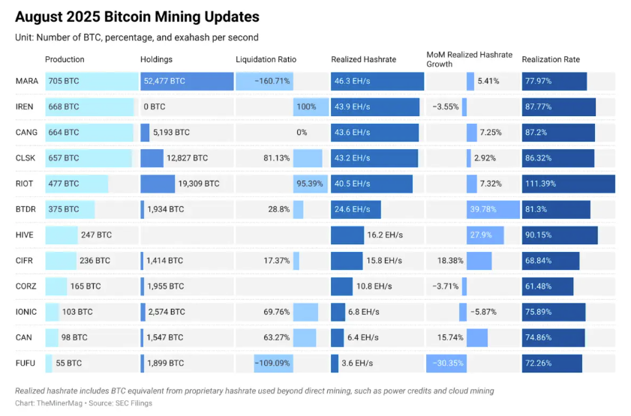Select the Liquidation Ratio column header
[x=266, y=59]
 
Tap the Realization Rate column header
[x=551, y=59]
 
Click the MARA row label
[x=26, y=81]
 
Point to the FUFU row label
[x=25, y=364]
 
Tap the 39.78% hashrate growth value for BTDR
[x=482, y=209]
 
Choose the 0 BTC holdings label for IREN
[x=155, y=106]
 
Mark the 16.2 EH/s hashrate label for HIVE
[x=385, y=235]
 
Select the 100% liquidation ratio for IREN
[x=305, y=106]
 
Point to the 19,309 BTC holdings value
[x=199, y=184]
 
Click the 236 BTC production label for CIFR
[x=95, y=261]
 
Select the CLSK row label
[x=25, y=158]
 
